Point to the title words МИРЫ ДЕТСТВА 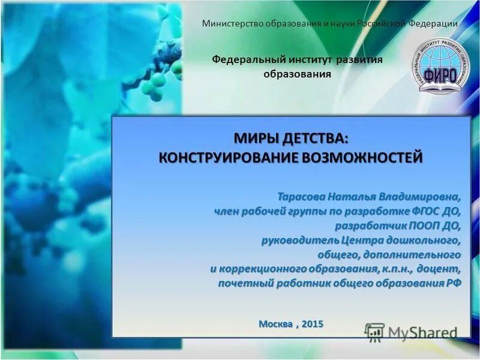coord(290,138)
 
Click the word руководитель coord(296,240)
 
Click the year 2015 coord(313,324)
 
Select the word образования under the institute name coord(298,74)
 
